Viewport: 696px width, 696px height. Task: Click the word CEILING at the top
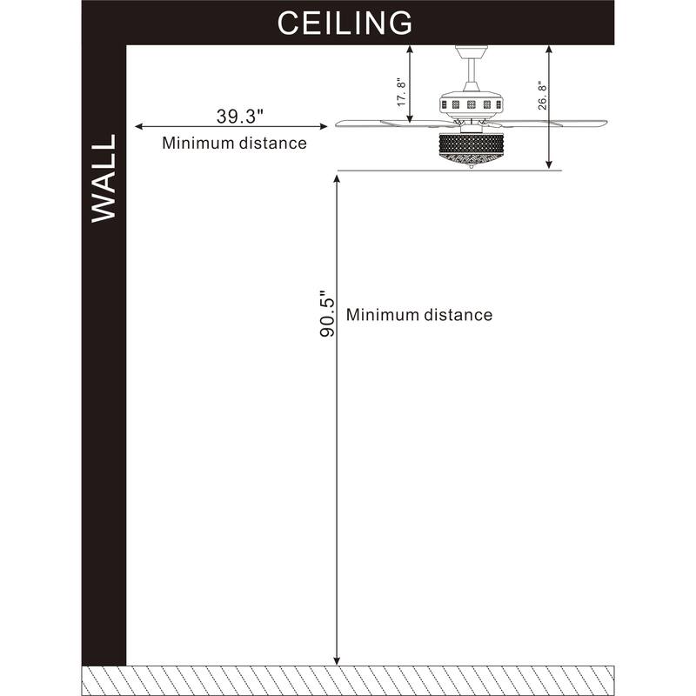(x=344, y=23)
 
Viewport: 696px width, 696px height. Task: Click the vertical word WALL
(x=104, y=178)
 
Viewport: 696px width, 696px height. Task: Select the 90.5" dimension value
(x=326, y=314)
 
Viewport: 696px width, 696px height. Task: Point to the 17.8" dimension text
(x=401, y=90)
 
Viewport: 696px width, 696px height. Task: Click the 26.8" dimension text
(x=542, y=93)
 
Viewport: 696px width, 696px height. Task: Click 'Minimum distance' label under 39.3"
(x=234, y=144)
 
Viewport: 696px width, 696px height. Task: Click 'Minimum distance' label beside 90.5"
(x=419, y=315)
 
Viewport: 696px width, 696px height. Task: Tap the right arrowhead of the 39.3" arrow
(x=324, y=128)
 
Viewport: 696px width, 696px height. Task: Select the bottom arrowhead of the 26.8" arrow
(x=549, y=164)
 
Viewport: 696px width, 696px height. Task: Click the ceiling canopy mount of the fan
(x=472, y=51)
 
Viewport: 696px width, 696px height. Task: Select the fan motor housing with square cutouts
(x=472, y=105)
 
